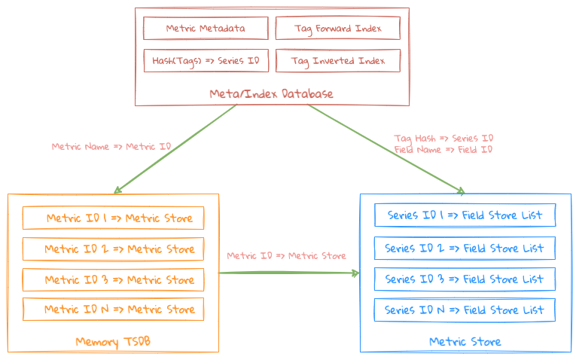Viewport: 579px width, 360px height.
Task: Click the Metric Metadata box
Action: pos(206,29)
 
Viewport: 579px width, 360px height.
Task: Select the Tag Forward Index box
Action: pos(337,29)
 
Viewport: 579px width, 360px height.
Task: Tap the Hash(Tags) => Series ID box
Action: pos(206,61)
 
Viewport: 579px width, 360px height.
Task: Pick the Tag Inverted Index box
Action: pos(337,61)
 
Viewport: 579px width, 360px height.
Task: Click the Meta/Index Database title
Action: pos(271,94)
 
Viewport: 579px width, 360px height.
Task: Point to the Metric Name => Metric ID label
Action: pos(111,146)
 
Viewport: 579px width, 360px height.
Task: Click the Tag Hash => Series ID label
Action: pos(443,139)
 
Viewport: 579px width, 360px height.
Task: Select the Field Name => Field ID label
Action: pos(443,149)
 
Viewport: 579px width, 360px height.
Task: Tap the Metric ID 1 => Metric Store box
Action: pos(113,218)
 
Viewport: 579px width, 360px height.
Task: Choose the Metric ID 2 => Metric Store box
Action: pos(113,249)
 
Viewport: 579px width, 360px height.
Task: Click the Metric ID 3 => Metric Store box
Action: pos(113,279)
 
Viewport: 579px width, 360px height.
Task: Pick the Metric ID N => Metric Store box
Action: pos(113,309)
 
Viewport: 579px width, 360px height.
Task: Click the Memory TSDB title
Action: pos(113,342)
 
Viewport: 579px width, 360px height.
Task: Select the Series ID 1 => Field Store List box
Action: pos(465,215)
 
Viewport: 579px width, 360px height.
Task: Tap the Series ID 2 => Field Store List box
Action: pos(465,248)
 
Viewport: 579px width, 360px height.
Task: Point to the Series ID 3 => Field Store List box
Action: pos(465,279)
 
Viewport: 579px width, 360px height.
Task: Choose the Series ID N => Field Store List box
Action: pos(465,310)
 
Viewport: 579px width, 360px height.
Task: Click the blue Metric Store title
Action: pos(465,342)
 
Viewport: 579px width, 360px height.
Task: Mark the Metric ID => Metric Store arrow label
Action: pos(286,256)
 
